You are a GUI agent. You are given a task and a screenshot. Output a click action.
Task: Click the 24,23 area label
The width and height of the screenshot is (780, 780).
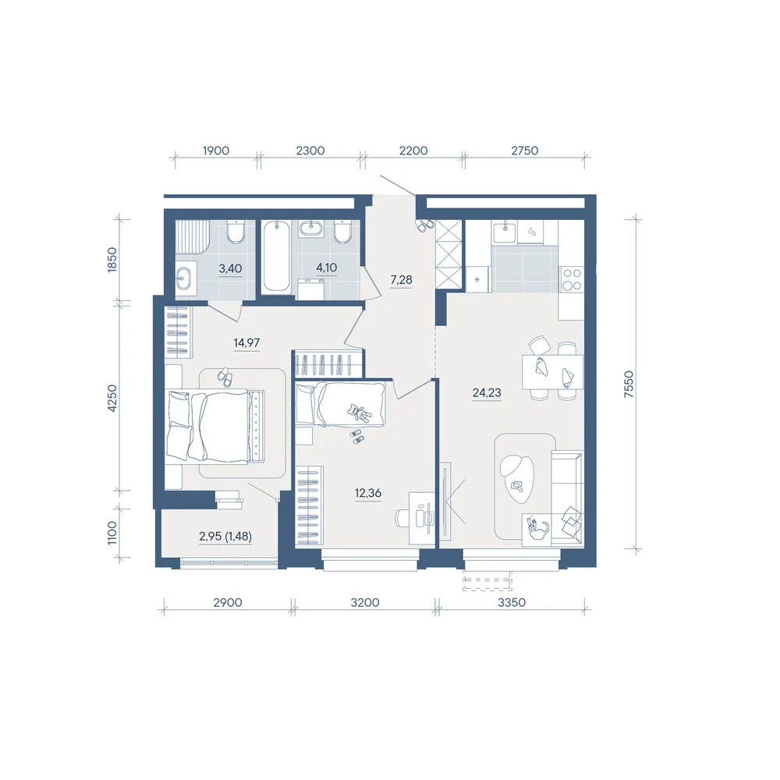[487, 392]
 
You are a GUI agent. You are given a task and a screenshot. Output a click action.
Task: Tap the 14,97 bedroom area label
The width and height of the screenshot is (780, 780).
[246, 342]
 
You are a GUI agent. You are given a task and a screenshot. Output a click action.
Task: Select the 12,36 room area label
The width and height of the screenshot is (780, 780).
[367, 493]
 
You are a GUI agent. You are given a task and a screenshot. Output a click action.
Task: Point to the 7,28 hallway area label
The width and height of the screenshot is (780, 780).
[401, 279]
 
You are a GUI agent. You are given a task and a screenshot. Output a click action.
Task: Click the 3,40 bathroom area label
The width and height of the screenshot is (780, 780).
[230, 268]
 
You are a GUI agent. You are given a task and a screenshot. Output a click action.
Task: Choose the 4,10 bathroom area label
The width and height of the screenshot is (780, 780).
[326, 268]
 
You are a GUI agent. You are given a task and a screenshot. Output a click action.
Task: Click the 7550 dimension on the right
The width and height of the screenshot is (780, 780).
[629, 384]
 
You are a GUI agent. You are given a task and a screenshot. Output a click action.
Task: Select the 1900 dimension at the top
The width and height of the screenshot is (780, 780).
[216, 151]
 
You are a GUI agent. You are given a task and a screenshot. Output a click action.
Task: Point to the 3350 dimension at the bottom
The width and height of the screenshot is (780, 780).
[512, 602]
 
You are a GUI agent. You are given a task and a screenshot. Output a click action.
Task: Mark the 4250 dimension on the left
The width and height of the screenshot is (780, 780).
[112, 398]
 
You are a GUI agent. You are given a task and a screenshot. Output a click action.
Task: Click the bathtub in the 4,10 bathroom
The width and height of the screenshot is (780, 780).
[277, 256]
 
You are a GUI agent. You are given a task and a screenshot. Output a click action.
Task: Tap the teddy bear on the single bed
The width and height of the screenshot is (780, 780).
[359, 413]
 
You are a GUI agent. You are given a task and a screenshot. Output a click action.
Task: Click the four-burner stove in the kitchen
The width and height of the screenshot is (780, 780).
[571, 279]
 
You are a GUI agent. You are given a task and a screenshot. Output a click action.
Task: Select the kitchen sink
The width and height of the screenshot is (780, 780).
[505, 232]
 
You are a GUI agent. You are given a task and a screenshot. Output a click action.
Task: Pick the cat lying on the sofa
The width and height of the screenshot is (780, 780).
[537, 529]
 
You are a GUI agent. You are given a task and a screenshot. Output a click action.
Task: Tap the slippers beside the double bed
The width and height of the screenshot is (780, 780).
[225, 377]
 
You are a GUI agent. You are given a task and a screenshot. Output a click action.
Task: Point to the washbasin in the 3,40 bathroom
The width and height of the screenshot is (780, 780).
[183, 277]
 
